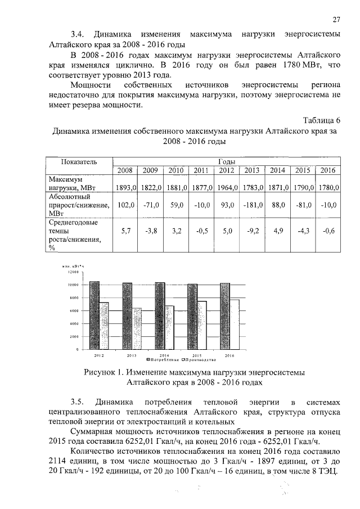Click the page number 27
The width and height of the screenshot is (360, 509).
[336, 20]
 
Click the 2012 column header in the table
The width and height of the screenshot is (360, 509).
[226, 170]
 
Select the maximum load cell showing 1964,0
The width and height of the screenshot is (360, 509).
[226, 187]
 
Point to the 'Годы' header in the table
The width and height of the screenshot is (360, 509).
[226, 161]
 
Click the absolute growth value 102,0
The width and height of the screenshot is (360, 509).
[125, 205]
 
